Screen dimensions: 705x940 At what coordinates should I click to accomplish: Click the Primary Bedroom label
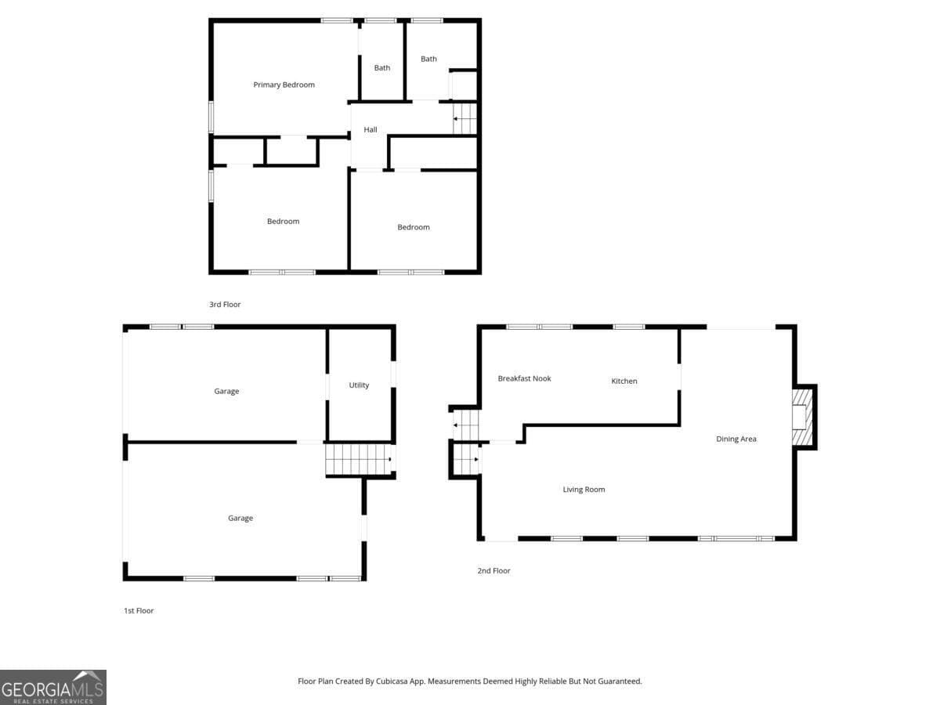(x=284, y=85)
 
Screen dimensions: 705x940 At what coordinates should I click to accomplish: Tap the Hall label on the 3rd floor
(x=371, y=129)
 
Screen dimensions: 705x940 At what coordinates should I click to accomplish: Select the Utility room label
(x=359, y=385)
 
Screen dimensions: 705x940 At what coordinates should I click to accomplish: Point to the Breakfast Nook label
(x=524, y=378)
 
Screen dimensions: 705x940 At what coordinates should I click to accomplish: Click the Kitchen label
(x=624, y=381)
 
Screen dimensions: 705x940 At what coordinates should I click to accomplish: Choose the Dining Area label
(x=736, y=439)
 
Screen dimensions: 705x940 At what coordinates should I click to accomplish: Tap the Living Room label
(x=584, y=490)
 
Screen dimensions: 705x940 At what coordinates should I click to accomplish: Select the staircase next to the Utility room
(x=357, y=459)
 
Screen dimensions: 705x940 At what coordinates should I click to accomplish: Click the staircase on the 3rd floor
(x=465, y=119)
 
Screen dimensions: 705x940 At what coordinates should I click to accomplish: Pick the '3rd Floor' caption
(x=225, y=305)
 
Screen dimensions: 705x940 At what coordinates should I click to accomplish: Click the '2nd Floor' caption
(x=493, y=571)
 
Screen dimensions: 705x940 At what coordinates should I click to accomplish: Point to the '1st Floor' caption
(x=138, y=611)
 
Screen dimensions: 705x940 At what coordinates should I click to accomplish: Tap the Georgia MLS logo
(x=53, y=687)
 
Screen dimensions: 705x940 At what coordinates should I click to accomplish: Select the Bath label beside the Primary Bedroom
(x=382, y=68)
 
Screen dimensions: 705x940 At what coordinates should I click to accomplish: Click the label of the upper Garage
(x=226, y=392)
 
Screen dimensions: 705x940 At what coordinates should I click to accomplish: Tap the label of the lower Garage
(x=240, y=518)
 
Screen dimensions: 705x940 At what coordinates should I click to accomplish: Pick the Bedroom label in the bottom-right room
(x=414, y=227)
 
